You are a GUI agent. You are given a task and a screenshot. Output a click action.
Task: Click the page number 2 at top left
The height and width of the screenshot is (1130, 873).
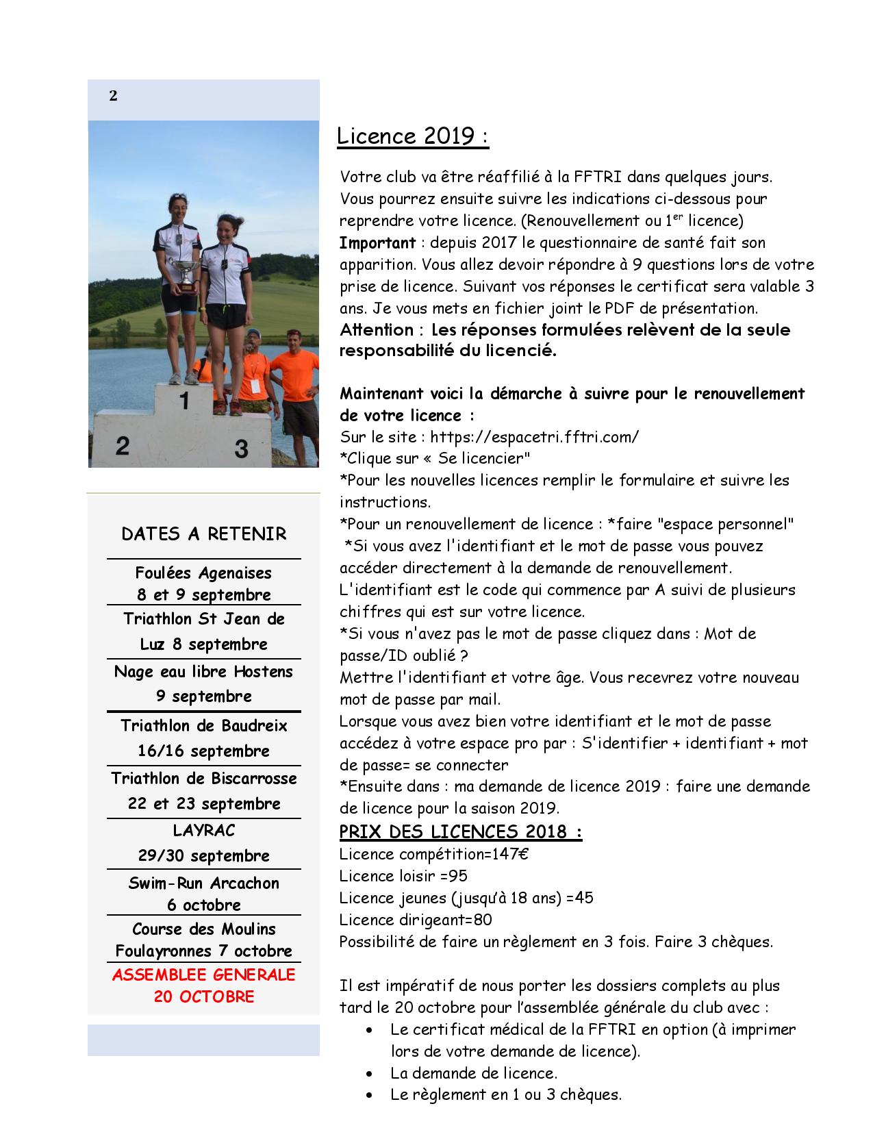coord(113,97)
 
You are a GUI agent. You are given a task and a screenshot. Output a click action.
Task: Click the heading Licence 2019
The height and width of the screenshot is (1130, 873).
coord(412,136)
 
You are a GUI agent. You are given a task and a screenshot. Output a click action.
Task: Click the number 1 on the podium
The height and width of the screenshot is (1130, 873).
coord(184,401)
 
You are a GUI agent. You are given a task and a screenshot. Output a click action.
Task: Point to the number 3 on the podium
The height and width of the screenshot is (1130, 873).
coord(241,449)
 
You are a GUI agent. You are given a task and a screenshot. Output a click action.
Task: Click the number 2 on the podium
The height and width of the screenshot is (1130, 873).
coord(123,446)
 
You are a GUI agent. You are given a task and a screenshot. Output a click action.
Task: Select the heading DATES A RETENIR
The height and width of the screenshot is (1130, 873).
coord(203,534)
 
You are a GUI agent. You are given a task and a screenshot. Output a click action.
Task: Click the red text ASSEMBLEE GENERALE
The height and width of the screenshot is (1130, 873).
coord(203,975)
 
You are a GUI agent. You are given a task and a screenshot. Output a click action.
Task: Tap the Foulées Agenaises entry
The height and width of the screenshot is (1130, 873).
coord(203,573)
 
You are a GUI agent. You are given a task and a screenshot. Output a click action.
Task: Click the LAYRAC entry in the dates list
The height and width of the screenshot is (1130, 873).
coord(203,831)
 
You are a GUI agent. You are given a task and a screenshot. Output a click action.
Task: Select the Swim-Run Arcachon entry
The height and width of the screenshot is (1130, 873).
coord(203,883)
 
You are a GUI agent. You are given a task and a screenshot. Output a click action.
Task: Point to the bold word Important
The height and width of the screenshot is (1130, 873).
coord(377,242)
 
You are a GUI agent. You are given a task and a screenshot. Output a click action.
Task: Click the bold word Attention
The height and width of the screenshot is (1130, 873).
coord(377,330)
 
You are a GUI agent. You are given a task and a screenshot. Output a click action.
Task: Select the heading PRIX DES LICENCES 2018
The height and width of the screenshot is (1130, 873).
coord(460,831)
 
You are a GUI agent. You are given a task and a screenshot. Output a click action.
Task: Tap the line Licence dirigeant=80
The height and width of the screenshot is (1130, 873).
coord(416,920)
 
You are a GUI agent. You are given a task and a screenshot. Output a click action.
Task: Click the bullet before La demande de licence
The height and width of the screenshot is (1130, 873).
coord(370,1074)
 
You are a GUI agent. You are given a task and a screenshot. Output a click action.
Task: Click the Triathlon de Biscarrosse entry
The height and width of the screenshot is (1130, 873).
coord(203,779)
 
